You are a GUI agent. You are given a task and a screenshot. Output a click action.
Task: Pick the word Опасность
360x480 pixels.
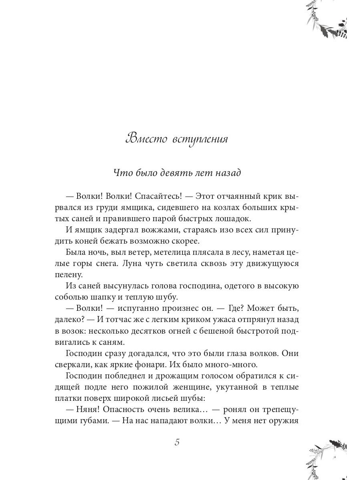(x=126, y=410)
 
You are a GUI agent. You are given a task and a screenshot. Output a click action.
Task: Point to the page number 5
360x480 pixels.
(x=177, y=442)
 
